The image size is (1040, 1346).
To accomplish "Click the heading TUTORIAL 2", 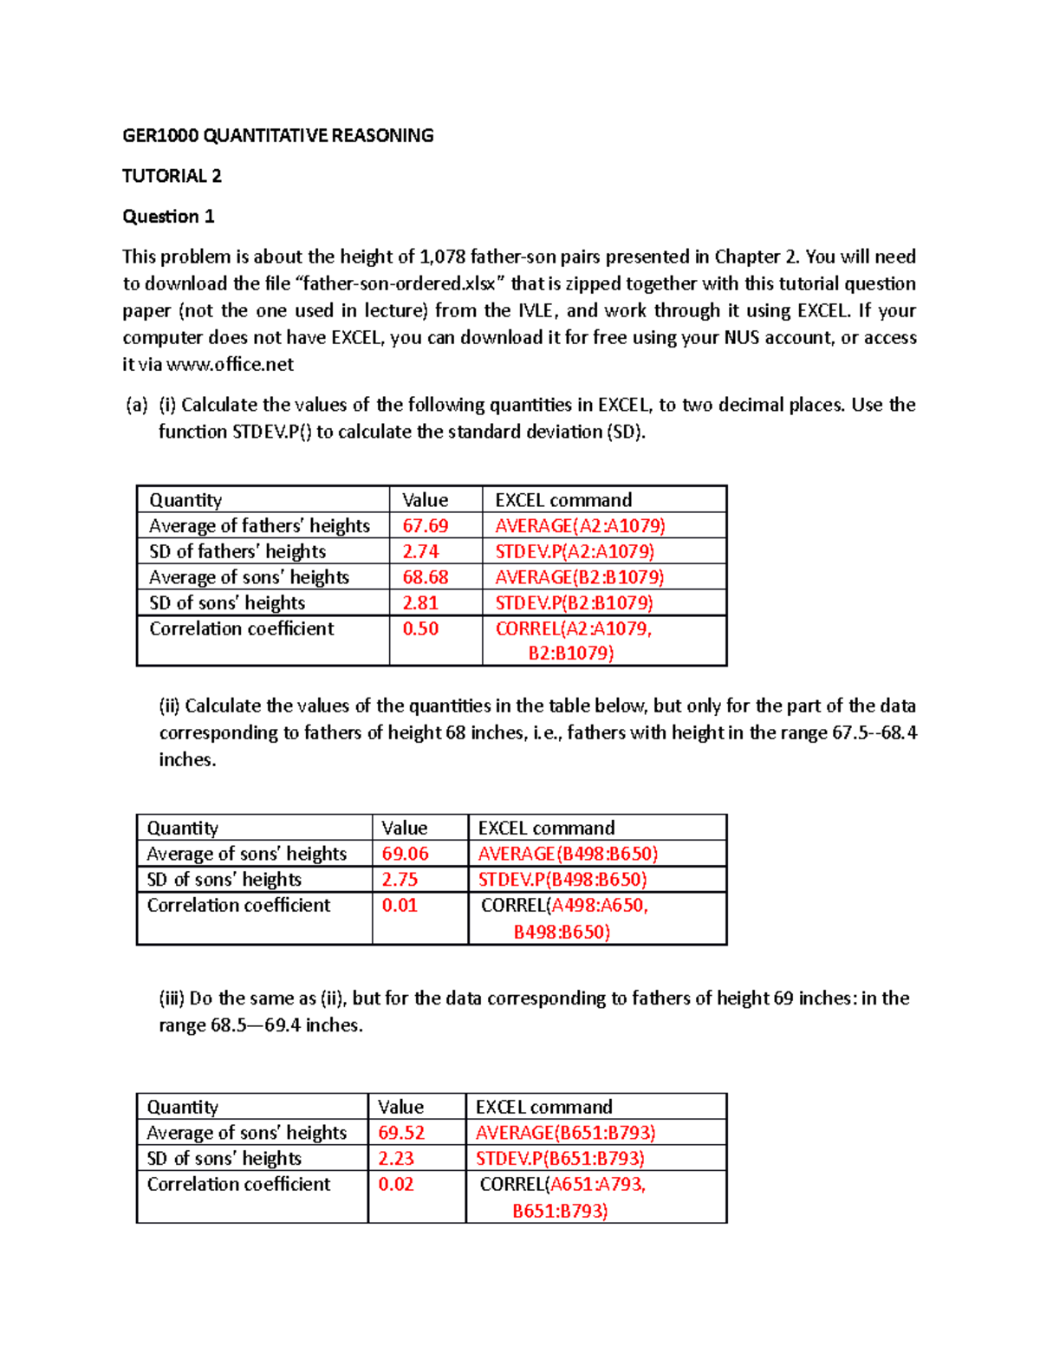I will point(172,176).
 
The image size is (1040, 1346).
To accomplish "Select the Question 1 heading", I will point(168,217).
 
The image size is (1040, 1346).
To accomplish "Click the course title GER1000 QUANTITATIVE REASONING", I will point(277,135).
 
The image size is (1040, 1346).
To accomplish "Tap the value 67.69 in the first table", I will point(425,526).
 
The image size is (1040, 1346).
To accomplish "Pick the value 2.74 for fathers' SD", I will point(420,552).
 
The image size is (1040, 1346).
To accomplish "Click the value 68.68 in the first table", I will point(425,577).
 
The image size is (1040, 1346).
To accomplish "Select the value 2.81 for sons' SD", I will point(420,603).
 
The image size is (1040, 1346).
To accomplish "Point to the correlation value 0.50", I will point(420,629).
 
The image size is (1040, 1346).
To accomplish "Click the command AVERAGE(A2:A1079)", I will point(580,526).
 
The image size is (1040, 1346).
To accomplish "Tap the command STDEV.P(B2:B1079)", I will point(574,603).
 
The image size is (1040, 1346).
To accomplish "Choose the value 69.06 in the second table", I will point(405,854).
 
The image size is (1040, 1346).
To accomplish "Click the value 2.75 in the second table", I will point(400,880).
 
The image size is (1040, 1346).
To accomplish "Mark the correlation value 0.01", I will point(400,906).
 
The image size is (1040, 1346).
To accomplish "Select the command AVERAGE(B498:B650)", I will point(568,854).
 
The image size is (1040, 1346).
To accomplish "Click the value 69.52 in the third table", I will point(401,1133).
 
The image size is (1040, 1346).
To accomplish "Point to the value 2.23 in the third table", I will point(396,1159).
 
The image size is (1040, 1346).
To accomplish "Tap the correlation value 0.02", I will point(396,1185).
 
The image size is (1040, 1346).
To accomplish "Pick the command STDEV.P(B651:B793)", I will point(560,1159).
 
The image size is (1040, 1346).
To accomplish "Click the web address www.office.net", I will point(230,365).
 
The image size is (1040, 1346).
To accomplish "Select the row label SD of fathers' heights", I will point(237,552).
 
